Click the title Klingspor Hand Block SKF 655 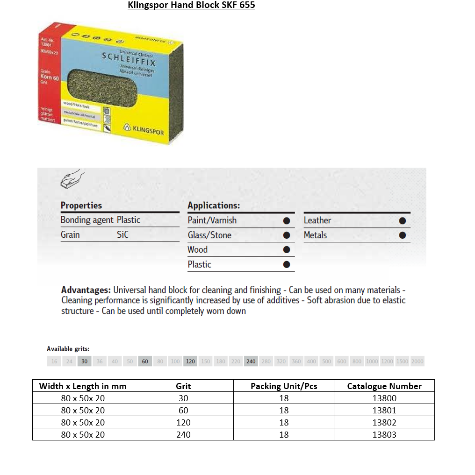[x=191, y=6]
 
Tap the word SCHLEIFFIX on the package [x=129, y=59]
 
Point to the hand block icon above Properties [x=72, y=179]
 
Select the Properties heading [x=81, y=206]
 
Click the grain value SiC [x=122, y=235]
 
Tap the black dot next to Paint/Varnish [x=287, y=220]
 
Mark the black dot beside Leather [x=402, y=220]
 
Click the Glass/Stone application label [x=209, y=235]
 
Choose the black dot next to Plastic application [x=287, y=265]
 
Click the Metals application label [x=315, y=235]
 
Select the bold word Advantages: [x=86, y=290]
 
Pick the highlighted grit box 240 [x=251, y=362]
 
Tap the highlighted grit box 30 [x=84, y=362]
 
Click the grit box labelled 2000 [x=417, y=362]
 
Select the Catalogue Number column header [x=384, y=386]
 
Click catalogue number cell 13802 [x=384, y=422]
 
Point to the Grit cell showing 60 [x=183, y=411]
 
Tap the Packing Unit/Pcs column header [x=284, y=386]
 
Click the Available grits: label [x=68, y=349]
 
